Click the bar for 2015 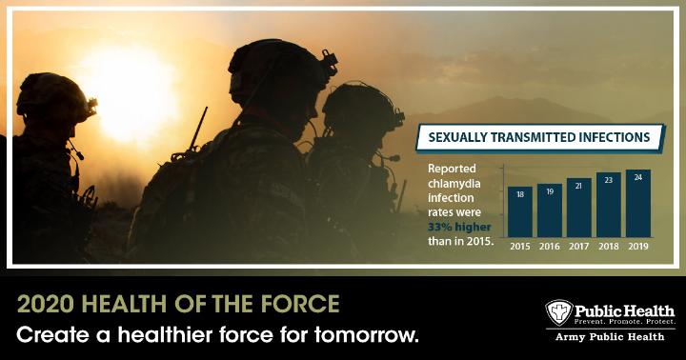coord(520,212)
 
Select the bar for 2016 coord(550,210)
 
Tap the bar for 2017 coord(579,208)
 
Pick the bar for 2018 coord(609,205)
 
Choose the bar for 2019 coord(638,204)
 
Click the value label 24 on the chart coord(638,177)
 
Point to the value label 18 coord(520,194)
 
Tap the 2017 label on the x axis coord(579,247)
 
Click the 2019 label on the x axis coord(638,247)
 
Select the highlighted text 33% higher coord(459,227)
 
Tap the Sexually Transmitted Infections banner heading coord(539,137)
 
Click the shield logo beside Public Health coord(558,312)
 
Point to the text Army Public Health coord(610,337)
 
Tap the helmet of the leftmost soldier coord(54,98)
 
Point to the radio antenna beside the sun coord(198,130)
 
